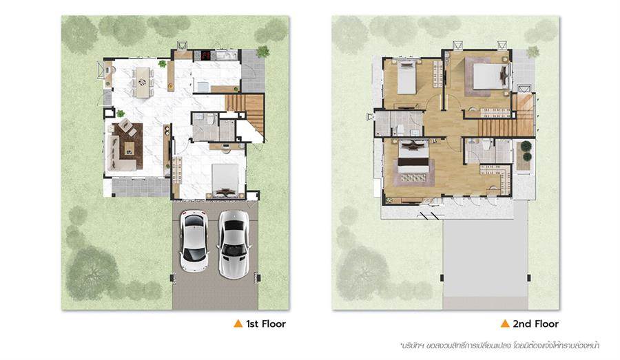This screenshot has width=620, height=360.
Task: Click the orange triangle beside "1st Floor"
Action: coord(238,324)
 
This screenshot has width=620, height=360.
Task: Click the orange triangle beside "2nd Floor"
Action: coord(505,324)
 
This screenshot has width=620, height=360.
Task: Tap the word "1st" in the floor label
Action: coord(252,324)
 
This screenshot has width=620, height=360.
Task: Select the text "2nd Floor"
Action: coord(536,324)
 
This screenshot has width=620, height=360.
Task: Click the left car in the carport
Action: coord(194,240)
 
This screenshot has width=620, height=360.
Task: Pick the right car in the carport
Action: coord(234,244)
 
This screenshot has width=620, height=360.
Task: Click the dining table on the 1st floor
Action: coord(143,82)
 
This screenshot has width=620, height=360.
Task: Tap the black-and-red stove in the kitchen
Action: coord(206,55)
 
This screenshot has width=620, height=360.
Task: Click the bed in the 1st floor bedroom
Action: coord(225,180)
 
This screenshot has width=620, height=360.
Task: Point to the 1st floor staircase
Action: coord(245,113)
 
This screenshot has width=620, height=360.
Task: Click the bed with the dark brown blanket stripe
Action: coord(413,164)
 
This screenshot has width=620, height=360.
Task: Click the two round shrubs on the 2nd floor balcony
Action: coord(526,151)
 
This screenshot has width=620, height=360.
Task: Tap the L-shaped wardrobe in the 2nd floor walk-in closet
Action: coord(497,177)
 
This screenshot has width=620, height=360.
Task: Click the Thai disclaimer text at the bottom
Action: coord(500,346)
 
